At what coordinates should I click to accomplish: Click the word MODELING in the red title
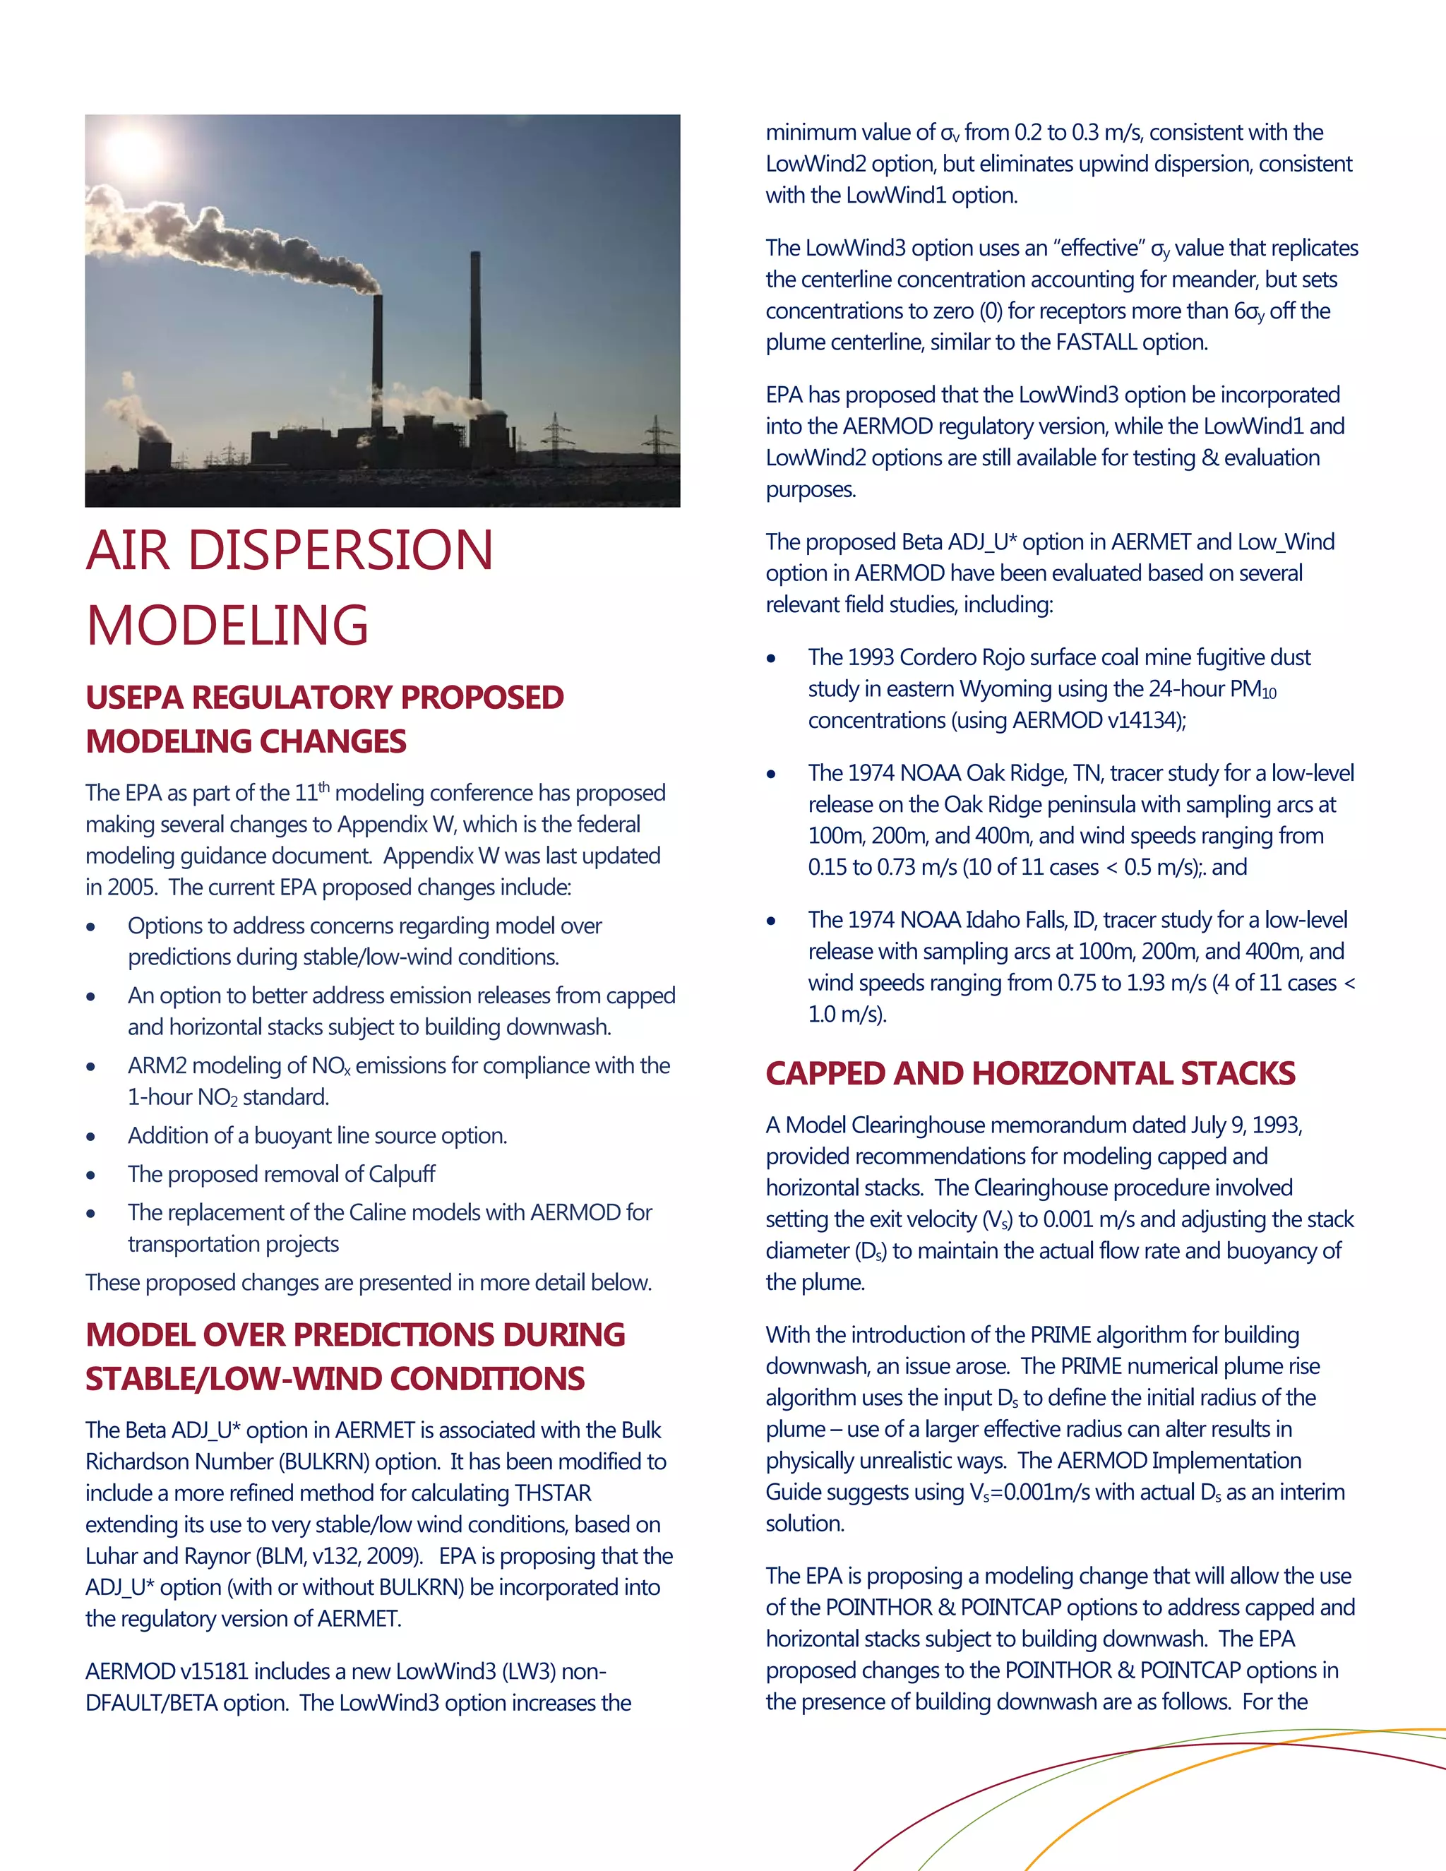[x=228, y=625]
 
